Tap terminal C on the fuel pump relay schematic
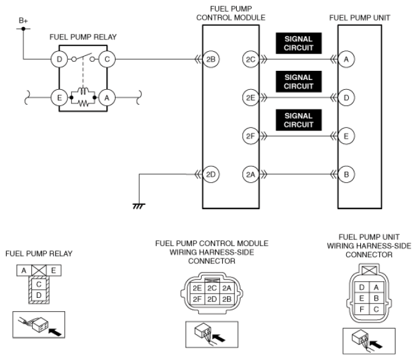108,59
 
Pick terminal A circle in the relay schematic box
108,97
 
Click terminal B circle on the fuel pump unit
347,174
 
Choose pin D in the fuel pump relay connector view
38,296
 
